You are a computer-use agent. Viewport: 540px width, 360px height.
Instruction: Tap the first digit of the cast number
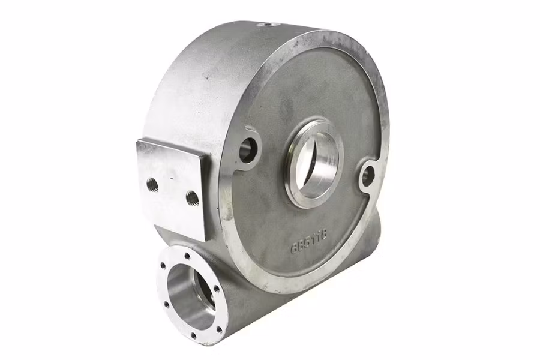click(x=295, y=247)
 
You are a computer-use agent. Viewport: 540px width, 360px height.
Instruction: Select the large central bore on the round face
click(x=314, y=163)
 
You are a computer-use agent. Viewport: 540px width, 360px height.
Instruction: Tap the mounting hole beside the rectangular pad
click(x=248, y=149)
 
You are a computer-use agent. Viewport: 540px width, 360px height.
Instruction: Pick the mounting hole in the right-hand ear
click(x=367, y=176)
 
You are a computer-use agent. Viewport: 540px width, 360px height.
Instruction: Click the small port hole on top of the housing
click(x=267, y=25)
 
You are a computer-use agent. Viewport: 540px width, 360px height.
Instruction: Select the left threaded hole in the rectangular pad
click(x=152, y=184)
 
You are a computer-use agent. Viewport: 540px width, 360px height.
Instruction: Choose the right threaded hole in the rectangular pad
click(x=192, y=197)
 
